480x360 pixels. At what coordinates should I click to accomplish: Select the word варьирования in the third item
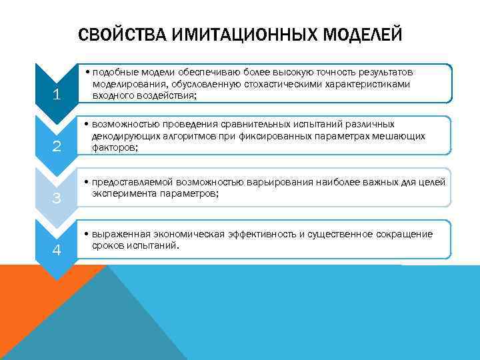(x=277, y=182)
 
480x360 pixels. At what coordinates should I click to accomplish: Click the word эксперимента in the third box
(x=123, y=194)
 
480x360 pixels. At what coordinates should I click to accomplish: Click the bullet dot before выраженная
(x=88, y=234)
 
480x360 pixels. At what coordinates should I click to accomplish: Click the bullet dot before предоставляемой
(x=88, y=182)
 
